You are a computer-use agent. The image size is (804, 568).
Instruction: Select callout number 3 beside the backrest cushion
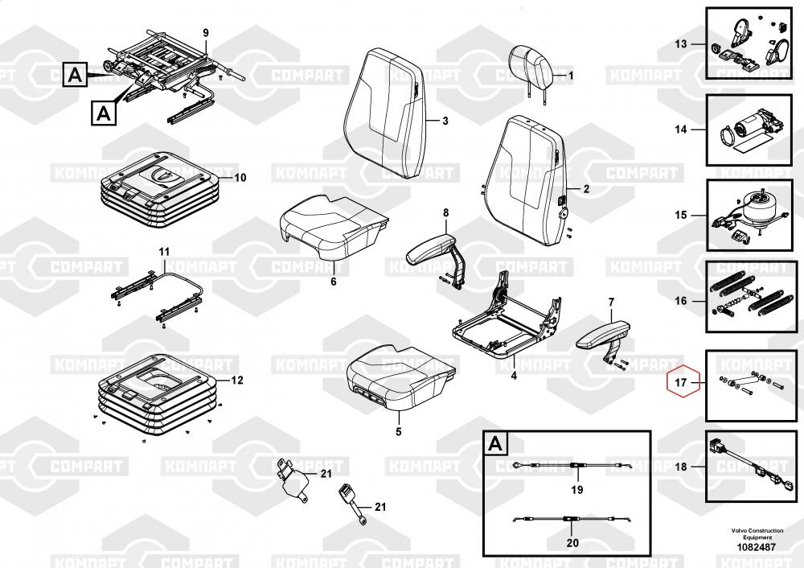[445, 121]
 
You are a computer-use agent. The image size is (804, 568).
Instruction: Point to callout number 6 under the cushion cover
[334, 282]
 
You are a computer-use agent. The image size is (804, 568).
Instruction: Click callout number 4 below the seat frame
[514, 376]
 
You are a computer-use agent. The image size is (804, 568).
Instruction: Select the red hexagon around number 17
[681, 384]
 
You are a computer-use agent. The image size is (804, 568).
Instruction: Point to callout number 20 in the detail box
[572, 542]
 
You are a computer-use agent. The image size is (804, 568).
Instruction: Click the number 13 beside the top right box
[681, 43]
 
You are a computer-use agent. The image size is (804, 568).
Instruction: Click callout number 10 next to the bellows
[240, 177]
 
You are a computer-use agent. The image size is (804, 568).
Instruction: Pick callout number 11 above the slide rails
[164, 253]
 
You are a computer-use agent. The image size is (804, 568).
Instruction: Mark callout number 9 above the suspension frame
[205, 32]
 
